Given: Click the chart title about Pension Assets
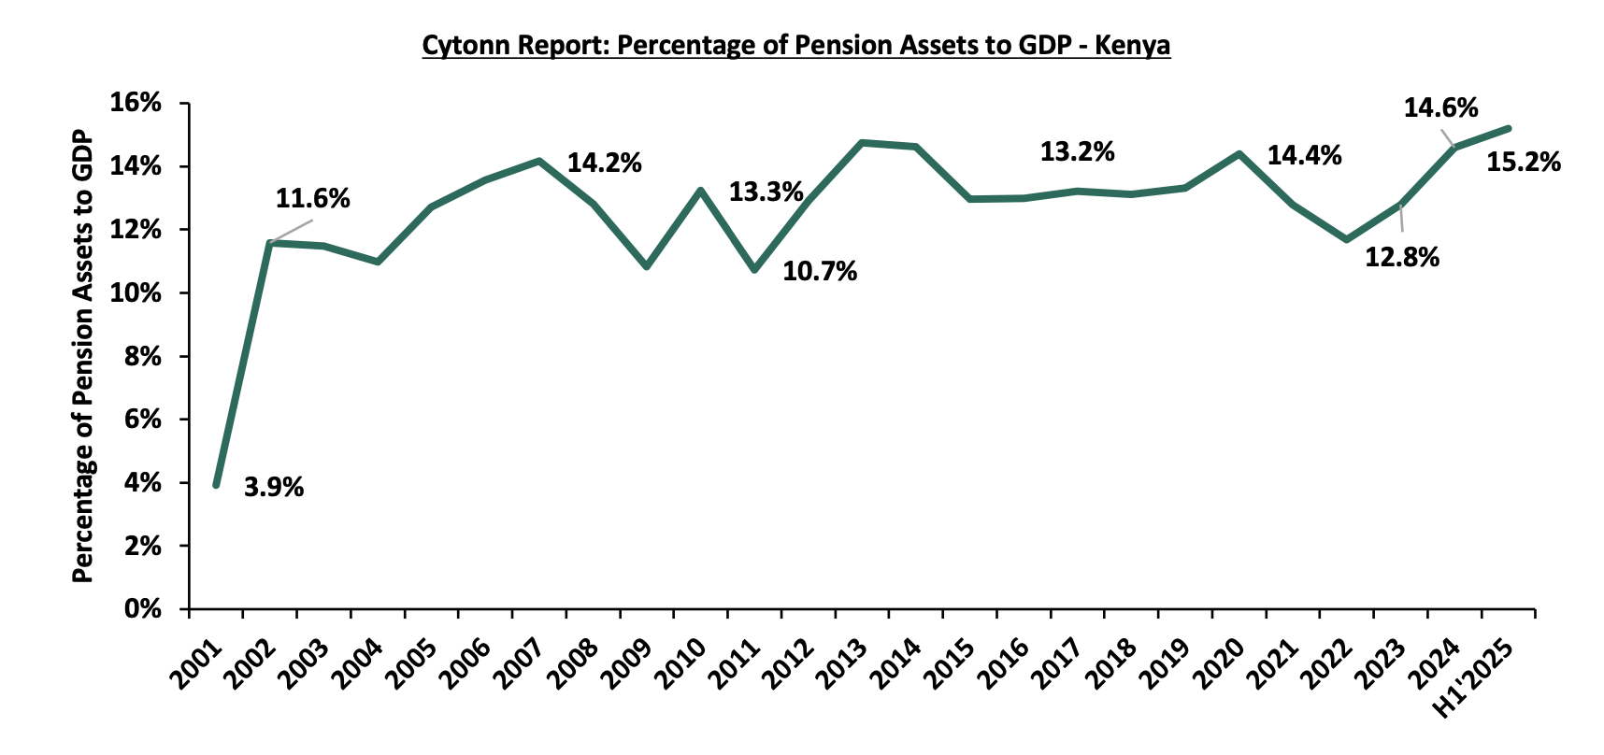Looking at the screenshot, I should pyautogui.click(x=795, y=46).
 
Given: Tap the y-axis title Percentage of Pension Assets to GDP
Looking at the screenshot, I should pyautogui.click(x=83, y=355).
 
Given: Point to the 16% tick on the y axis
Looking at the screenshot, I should pyautogui.click(x=136, y=104).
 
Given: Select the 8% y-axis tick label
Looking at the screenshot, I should pyautogui.click(x=143, y=357).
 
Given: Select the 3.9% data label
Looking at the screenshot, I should pyautogui.click(x=274, y=487).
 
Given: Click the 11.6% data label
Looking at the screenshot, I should pyautogui.click(x=312, y=198).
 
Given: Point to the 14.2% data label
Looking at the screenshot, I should pyautogui.click(x=604, y=164).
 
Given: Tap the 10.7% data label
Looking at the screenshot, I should pyautogui.click(x=820, y=272).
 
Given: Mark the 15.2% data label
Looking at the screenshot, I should pyautogui.click(x=1524, y=163).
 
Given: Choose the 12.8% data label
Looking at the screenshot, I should pyautogui.click(x=1402, y=257).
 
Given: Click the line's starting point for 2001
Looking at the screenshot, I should pyautogui.click(x=216, y=485).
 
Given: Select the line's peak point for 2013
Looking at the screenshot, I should pyautogui.click(x=862, y=143).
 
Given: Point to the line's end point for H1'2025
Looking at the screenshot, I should pyautogui.click(x=1509, y=129).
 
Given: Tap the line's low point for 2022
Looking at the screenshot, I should pyautogui.click(x=1347, y=240).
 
